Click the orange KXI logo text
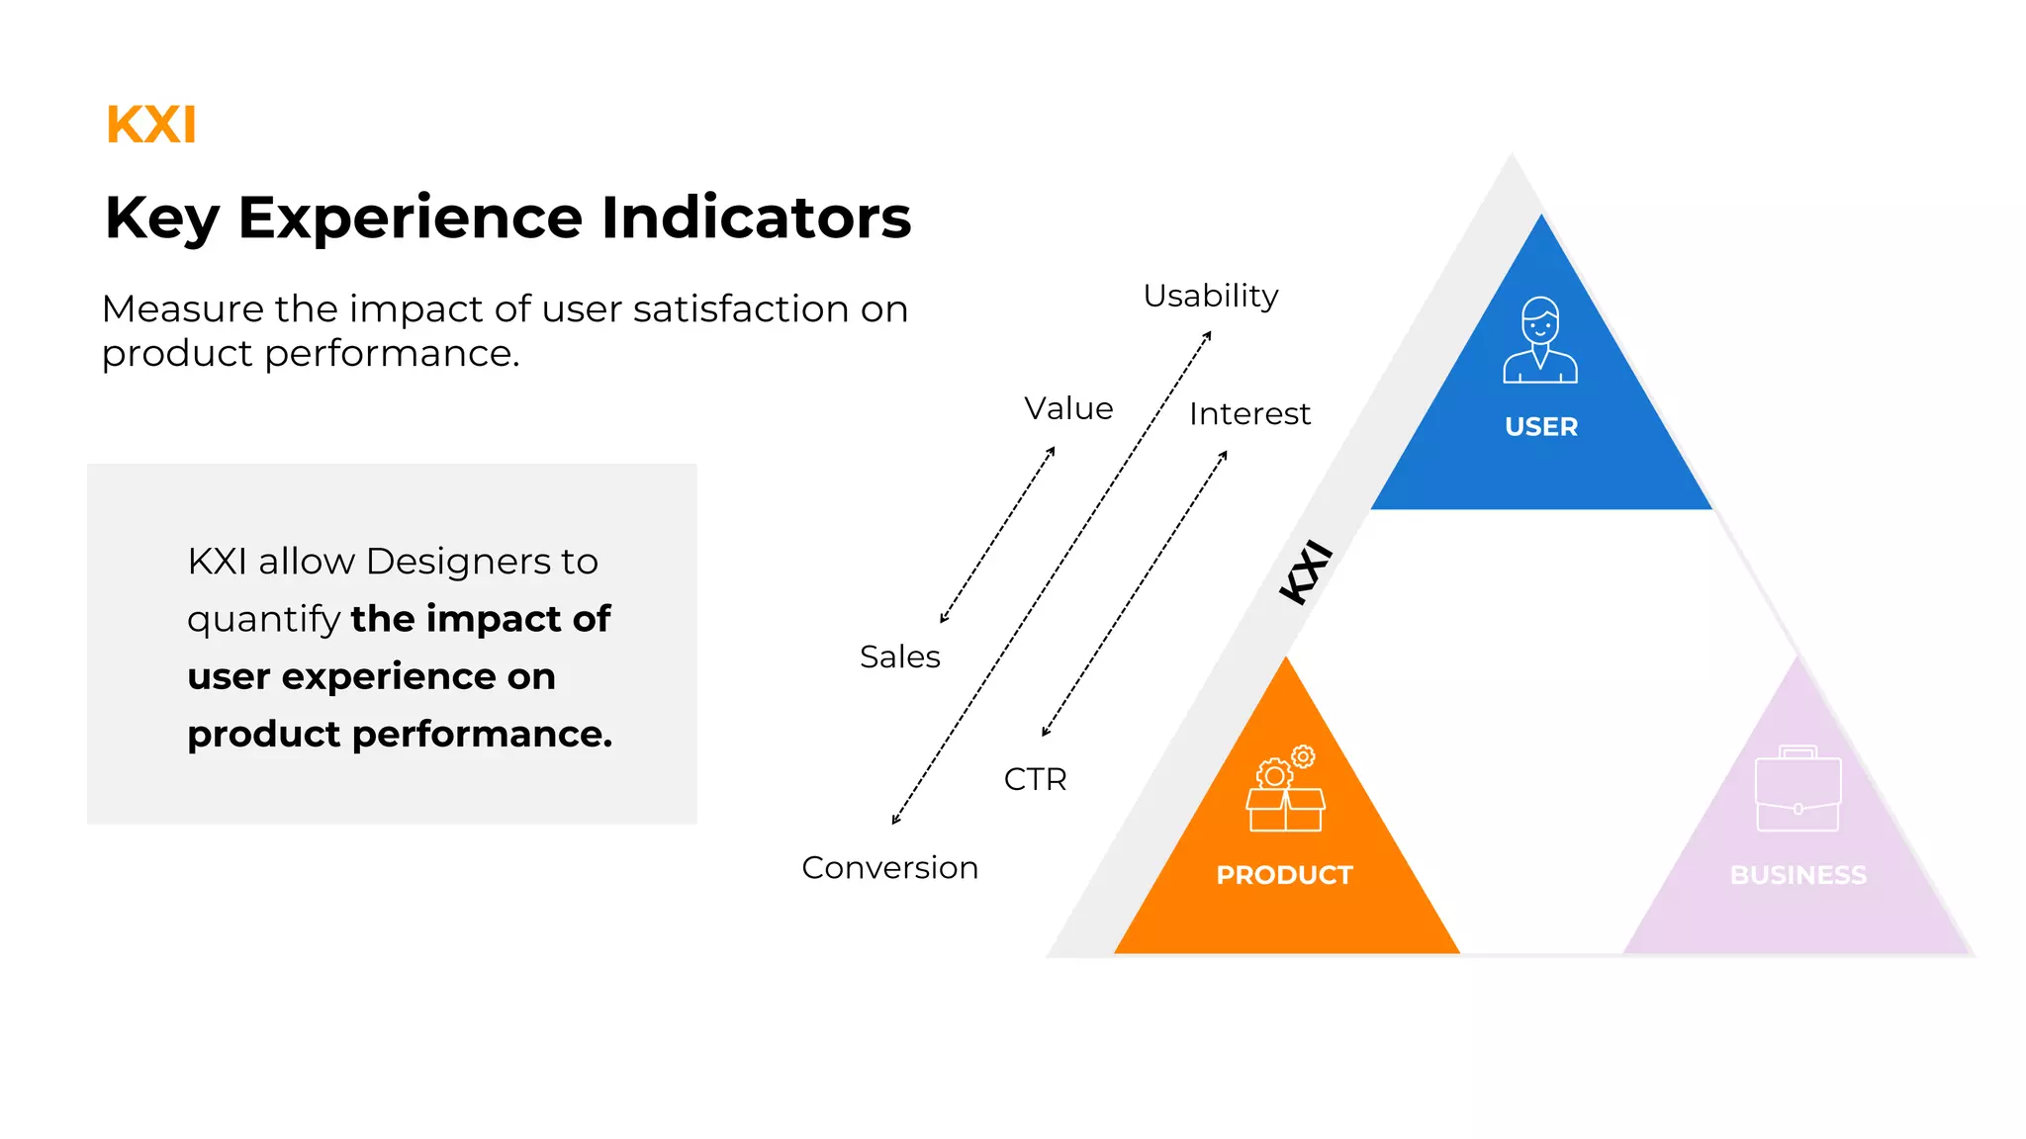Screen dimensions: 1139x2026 click(151, 126)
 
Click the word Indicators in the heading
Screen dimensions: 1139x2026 click(756, 218)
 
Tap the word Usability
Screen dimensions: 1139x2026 click(1211, 296)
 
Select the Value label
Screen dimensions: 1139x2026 click(1068, 408)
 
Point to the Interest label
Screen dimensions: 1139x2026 click(1249, 413)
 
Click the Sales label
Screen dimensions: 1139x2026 click(899, 657)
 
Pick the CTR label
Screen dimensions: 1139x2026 click(1035, 779)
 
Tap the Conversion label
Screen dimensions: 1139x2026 click(889, 867)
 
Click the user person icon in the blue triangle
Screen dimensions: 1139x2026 click(1540, 340)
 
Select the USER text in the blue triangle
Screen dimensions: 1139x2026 click(1541, 427)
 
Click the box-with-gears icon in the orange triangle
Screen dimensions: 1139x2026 click(1285, 790)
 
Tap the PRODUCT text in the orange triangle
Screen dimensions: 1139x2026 click(1284, 875)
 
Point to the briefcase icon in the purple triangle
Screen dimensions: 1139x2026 click(1797, 789)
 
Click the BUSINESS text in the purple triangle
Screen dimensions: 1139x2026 click(1797, 875)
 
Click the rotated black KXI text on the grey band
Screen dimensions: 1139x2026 click(1306, 571)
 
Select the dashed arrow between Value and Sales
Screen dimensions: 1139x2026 click(997, 535)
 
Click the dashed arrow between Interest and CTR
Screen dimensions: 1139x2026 click(1135, 593)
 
